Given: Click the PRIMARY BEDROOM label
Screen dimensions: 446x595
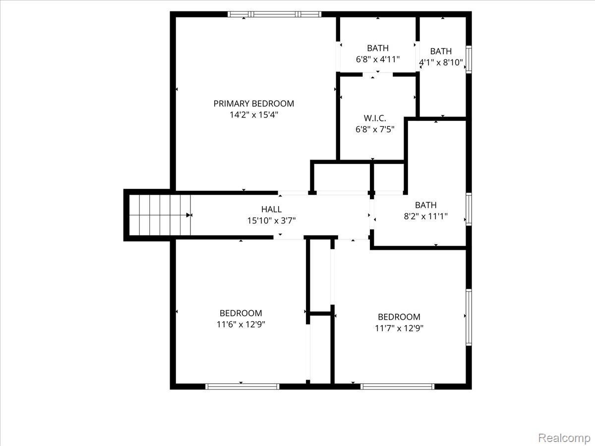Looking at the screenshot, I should click(253, 104).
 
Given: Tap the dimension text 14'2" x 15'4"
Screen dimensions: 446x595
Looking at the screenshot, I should click(253, 114).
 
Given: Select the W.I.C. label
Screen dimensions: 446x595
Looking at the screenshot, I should click(374, 118).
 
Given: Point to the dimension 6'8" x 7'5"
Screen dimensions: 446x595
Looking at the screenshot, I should click(374, 129).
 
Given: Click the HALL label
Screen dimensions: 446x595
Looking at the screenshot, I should click(271, 210).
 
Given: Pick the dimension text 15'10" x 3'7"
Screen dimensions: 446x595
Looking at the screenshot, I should click(271, 221).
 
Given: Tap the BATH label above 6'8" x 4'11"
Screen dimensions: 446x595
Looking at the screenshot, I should click(378, 48).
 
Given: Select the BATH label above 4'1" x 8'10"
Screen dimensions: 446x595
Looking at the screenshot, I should click(441, 51).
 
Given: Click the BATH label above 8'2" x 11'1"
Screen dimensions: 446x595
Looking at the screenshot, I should click(426, 205).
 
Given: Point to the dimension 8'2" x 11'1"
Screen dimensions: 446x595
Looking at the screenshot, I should click(426, 216).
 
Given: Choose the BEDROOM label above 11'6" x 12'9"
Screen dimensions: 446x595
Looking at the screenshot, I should click(241, 313).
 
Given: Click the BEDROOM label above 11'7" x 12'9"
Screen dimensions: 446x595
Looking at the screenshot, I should click(399, 317).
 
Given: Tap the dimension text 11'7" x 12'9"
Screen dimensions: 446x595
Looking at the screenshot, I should click(399, 328).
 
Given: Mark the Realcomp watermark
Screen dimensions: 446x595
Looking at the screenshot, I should click(564, 438).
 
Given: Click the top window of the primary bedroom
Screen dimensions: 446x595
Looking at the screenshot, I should click(274, 14).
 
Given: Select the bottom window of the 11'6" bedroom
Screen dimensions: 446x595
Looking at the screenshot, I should click(242, 386).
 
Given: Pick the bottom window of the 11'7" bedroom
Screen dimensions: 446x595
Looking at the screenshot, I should click(397, 386).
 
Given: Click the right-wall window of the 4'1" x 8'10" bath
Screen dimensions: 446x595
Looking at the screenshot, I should click(469, 59).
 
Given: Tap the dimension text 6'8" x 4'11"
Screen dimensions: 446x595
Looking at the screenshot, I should click(378, 59).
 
